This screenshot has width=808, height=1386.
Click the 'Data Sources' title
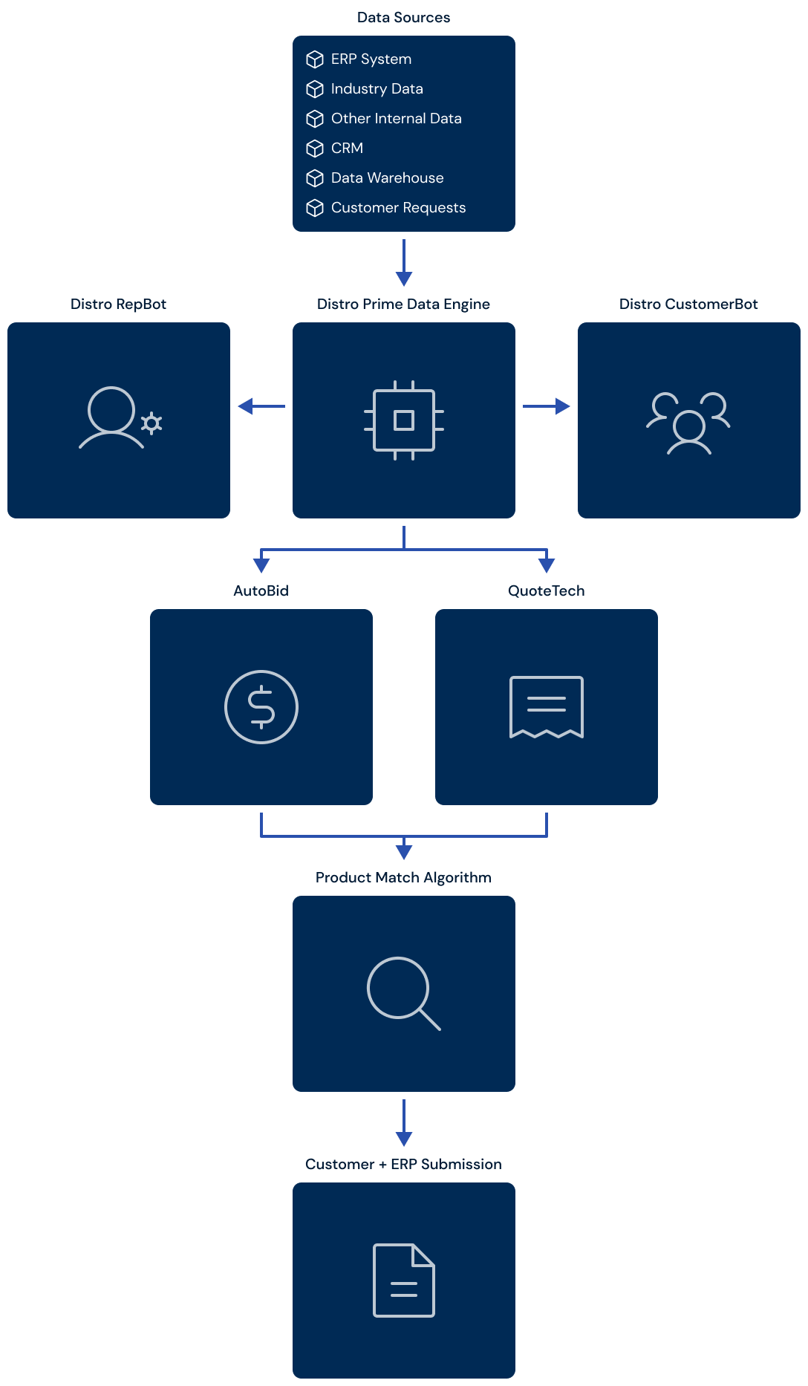(x=403, y=17)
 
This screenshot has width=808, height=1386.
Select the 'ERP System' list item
(x=371, y=59)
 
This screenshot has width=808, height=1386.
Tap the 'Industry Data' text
(x=377, y=88)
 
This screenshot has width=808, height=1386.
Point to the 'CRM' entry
(x=347, y=148)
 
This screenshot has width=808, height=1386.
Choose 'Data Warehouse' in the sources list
(x=388, y=178)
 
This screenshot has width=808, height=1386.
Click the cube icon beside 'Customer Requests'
(x=315, y=208)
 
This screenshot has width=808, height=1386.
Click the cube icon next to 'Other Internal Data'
(x=315, y=119)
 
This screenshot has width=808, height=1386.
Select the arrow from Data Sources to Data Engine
(x=404, y=263)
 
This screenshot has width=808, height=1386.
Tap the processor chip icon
(x=404, y=420)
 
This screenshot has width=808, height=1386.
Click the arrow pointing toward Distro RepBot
(x=261, y=406)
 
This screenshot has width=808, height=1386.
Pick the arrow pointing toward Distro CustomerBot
(x=547, y=406)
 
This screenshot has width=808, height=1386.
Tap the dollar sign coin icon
(x=261, y=707)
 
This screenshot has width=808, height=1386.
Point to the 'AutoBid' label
(x=261, y=590)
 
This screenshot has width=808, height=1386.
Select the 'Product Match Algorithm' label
(x=403, y=877)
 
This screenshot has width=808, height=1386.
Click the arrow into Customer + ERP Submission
(x=404, y=1123)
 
